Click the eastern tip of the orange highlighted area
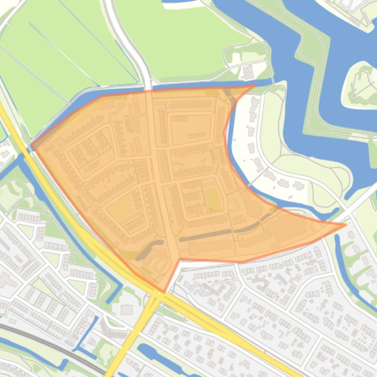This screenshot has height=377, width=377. [x=346, y=225]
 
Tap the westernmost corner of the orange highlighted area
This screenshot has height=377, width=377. [x=31, y=144]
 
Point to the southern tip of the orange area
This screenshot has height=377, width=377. [x=164, y=292]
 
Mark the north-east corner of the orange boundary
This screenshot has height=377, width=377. [x=255, y=86]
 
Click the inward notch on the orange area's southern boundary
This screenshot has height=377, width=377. [x=181, y=259]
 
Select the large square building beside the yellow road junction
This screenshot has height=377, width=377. [x=126, y=309]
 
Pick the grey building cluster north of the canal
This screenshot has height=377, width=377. [x=248, y=72]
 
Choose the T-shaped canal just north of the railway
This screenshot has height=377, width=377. [x=83, y=338]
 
